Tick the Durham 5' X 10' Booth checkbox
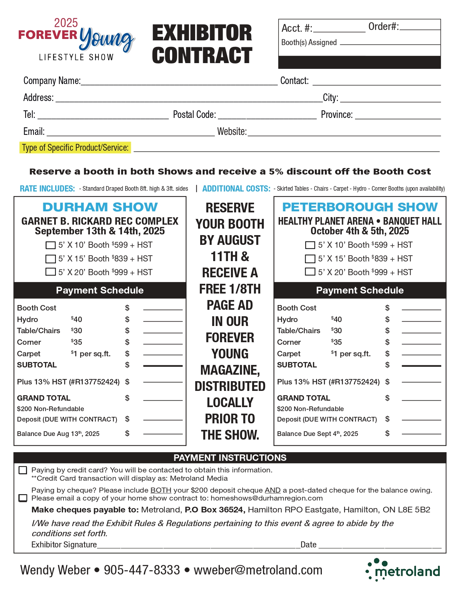(x=51, y=245)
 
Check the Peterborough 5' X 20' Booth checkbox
(x=310, y=272)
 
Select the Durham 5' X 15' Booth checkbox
(x=51, y=259)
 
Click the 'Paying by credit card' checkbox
(x=23, y=470)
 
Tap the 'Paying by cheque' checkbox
(x=23, y=498)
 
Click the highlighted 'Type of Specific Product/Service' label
(x=75, y=148)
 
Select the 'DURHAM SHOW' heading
(x=100, y=207)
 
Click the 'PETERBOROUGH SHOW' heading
(x=360, y=207)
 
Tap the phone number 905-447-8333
(x=142, y=570)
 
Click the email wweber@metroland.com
(x=258, y=570)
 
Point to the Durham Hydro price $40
(x=76, y=319)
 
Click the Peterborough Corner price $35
(x=336, y=342)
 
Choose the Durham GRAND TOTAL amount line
(x=163, y=399)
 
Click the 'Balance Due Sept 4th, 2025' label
(x=317, y=434)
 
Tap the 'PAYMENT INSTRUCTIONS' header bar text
(x=230, y=458)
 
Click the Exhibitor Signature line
(x=198, y=545)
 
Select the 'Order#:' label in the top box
(x=384, y=27)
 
